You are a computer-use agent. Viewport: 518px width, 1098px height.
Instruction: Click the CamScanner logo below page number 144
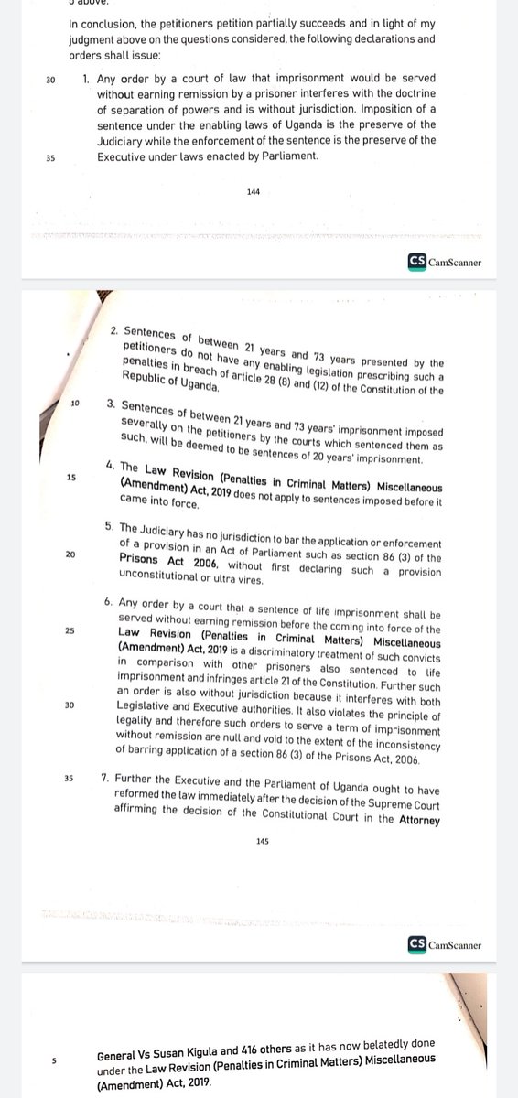445,263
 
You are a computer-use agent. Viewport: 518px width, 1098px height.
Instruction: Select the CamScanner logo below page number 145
445,944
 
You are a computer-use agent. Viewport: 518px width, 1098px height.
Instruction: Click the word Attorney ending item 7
415,820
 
